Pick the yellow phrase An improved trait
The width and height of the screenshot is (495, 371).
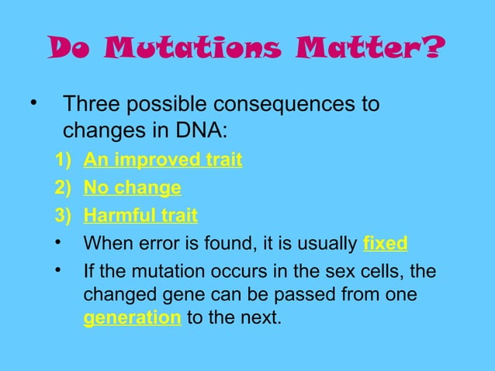point(162,160)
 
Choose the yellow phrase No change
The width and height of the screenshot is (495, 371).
point(132,187)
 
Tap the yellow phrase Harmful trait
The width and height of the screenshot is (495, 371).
point(140,215)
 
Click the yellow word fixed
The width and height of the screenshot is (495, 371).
point(385,243)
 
